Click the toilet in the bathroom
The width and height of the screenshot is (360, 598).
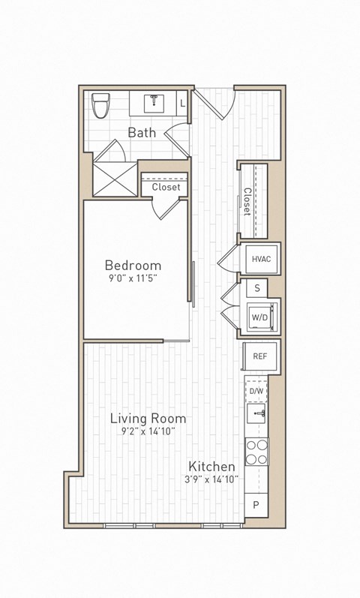click(100, 105)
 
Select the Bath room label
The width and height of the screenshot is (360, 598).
click(142, 133)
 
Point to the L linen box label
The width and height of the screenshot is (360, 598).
click(184, 102)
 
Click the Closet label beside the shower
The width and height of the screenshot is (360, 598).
click(166, 187)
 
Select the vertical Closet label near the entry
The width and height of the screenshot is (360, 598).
click(247, 201)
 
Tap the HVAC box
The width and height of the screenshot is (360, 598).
click(261, 259)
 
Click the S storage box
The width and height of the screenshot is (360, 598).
click(257, 288)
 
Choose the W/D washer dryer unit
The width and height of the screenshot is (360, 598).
click(259, 317)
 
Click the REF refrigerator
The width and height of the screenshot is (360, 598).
click(260, 357)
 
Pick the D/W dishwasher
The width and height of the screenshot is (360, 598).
click(257, 391)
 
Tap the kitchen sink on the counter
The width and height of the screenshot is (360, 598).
click(257, 413)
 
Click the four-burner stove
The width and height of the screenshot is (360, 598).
click(257, 452)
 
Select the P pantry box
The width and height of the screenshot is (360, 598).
click(256, 505)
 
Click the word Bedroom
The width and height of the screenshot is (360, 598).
click(133, 265)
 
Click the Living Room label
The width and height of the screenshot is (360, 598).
click(148, 418)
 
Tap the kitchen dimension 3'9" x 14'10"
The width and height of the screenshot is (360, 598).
click(213, 479)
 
